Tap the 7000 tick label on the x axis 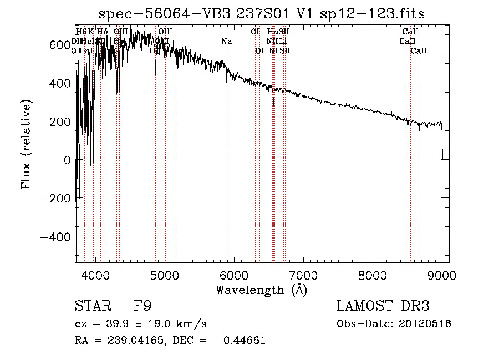coord(303,275)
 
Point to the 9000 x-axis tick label coord(442,275)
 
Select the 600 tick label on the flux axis coord(59,45)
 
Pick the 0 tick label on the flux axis coord(67,160)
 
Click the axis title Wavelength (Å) coord(261,290)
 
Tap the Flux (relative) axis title coord(27,144)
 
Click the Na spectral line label coord(226,42)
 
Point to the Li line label coord(283,42)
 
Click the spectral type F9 coord(143,306)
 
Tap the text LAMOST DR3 coord(383,306)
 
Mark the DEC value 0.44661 coord(244,341)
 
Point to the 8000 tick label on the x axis coord(373,275)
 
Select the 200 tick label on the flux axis coord(59,121)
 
